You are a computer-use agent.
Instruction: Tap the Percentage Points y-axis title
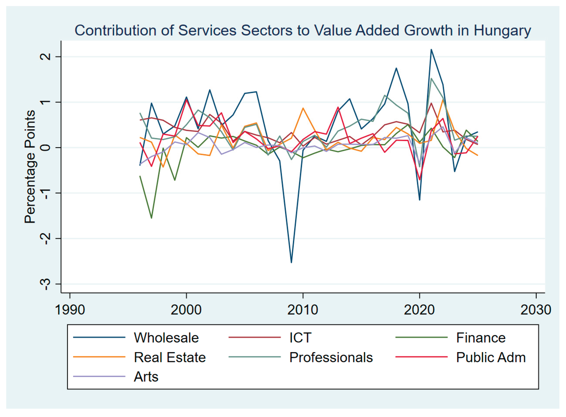[x=30, y=167]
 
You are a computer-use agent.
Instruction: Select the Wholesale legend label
[x=166, y=338]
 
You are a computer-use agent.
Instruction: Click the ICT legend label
[x=300, y=338]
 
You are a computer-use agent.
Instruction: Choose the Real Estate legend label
[x=170, y=357]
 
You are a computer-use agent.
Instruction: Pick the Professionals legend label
[x=331, y=357]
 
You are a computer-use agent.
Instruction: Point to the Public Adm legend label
[x=491, y=357]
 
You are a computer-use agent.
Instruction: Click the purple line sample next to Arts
[x=99, y=377]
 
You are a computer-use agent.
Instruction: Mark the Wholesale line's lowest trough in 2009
[x=291, y=263]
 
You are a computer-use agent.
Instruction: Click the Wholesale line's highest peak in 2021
[x=431, y=49]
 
